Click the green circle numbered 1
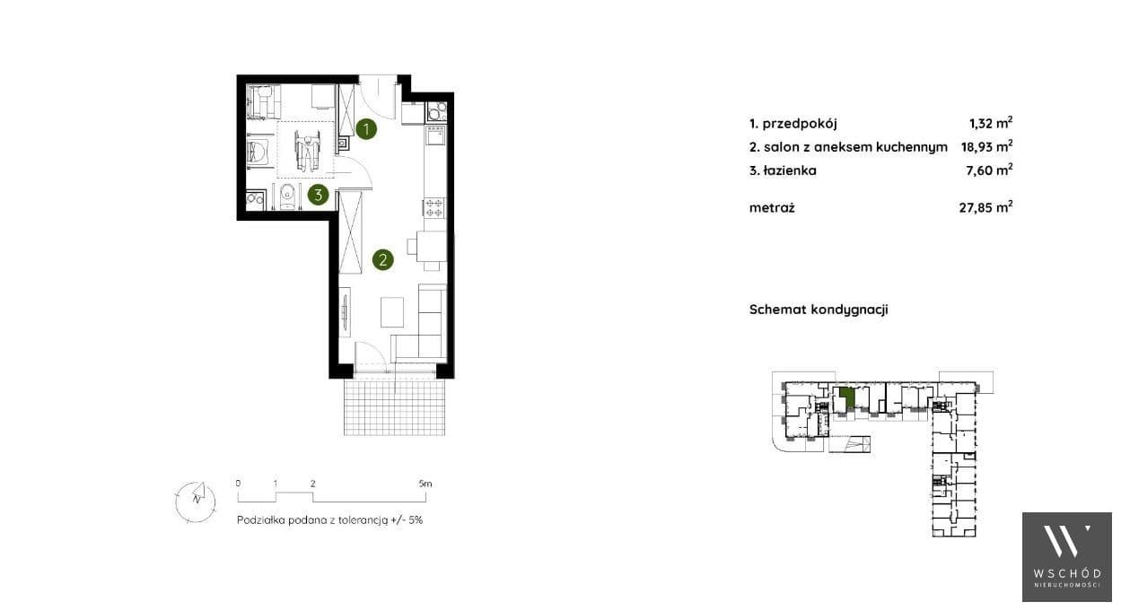(x=366, y=129)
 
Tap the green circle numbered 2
(x=383, y=259)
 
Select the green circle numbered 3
(x=318, y=195)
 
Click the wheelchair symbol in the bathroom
(x=306, y=151)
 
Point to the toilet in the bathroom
(x=286, y=196)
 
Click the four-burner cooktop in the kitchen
(x=434, y=208)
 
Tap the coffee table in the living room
(x=392, y=311)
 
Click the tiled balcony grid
(x=394, y=406)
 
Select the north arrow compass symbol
(x=196, y=502)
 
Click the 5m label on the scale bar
(x=425, y=484)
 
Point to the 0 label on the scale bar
(x=238, y=484)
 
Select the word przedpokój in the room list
(x=800, y=124)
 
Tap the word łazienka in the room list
(x=790, y=170)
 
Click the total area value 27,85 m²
(x=985, y=207)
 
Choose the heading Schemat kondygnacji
(x=819, y=310)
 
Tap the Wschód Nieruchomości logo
(x=1067, y=556)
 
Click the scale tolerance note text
(x=329, y=519)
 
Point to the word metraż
(x=772, y=207)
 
